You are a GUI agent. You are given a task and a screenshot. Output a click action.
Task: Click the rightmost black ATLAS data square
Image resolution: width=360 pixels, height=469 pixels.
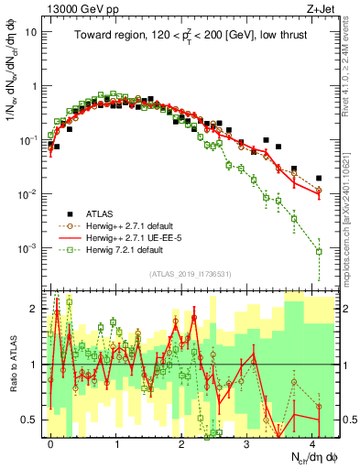click(319, 178)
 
